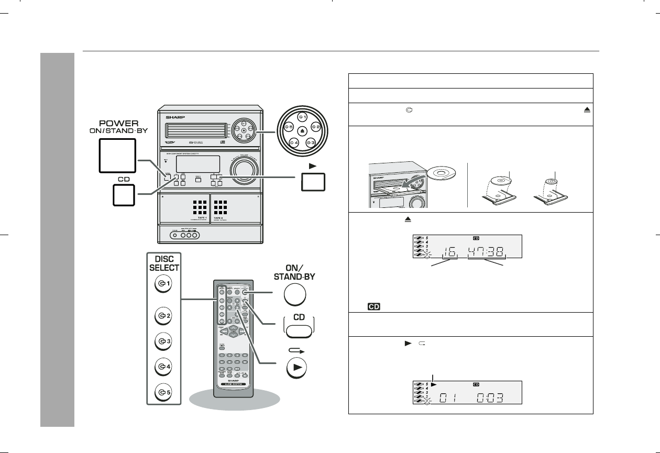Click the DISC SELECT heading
[163, 263]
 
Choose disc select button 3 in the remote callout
[163, 341]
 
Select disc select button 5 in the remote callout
[163, 391]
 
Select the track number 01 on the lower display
[446, 396]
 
